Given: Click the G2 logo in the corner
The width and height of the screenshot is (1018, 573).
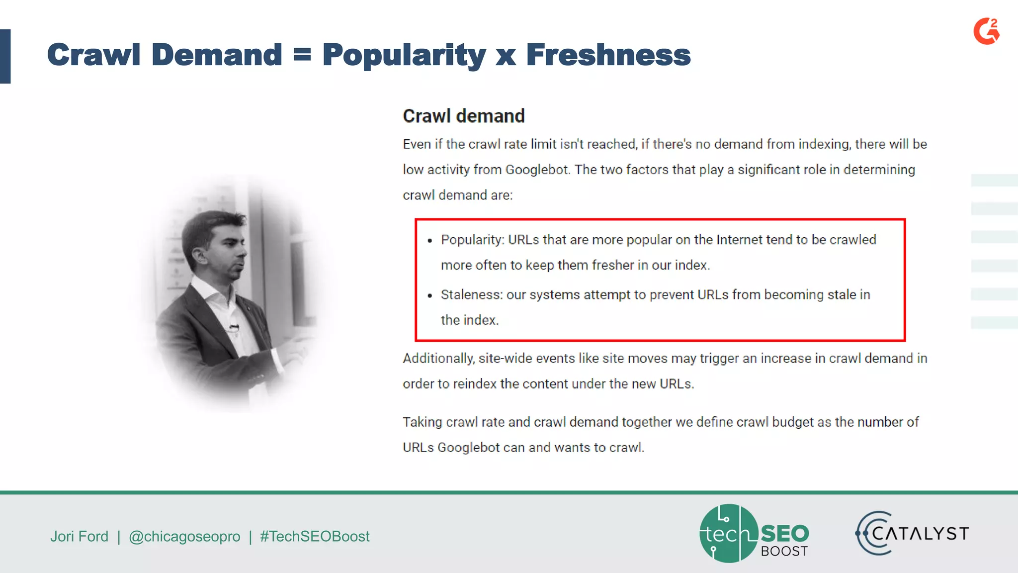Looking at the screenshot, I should [986, 31].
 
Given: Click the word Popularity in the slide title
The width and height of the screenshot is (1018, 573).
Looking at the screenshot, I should [404, 55].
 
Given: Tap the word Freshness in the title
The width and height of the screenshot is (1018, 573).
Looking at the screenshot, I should [608, 55].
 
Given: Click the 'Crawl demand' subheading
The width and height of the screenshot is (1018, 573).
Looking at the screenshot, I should [463, 116].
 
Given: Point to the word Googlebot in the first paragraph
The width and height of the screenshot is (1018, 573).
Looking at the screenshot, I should [537, 170].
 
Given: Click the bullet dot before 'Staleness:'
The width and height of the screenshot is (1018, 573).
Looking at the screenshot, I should [430, 296].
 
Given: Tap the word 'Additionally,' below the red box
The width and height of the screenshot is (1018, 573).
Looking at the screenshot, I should [438, 358].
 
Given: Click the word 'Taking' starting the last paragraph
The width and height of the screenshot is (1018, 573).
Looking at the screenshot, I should [423, 422].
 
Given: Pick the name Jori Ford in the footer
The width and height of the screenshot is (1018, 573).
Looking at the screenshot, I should [79, 536].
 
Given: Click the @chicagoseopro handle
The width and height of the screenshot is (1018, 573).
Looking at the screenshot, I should [184, 536].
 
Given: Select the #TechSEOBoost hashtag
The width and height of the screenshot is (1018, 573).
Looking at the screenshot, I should [315, 536].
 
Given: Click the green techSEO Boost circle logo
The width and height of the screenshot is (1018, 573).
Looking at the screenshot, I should [729, 533].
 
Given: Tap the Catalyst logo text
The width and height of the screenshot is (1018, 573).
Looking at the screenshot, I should [920, 534].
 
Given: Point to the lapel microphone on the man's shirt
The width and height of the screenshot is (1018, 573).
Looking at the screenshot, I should [233, 328].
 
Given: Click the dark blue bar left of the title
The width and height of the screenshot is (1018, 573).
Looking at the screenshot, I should [5, 56].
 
